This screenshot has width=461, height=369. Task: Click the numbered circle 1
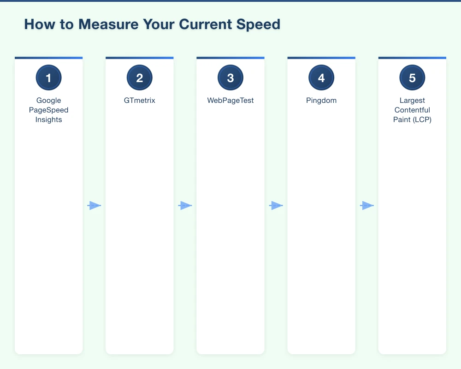click(48, 78)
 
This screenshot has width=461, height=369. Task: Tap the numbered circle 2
click(139, 78)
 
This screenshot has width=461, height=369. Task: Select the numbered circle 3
click(230, 78)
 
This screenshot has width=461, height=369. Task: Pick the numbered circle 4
click(321, 78)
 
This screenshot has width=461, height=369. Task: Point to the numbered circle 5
click(412, 78)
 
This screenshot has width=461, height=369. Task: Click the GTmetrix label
click(139, 101)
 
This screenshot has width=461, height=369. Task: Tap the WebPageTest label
click(230, 101)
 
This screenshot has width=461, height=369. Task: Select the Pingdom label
click(321, 101)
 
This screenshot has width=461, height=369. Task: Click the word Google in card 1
click(48, 101)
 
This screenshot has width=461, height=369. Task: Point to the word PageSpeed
click(48, 110)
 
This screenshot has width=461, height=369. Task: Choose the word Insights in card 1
click(48, 120)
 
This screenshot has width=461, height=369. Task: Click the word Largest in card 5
click(412, 101)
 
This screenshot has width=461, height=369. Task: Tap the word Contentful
click(412, 110)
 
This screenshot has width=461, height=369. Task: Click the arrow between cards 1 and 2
click(94, 206)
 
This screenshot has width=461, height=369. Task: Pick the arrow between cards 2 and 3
click(185, 206)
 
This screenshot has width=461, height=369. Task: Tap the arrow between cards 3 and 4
click(276, 206)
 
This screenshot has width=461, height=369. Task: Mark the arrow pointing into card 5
click(366, 206)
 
